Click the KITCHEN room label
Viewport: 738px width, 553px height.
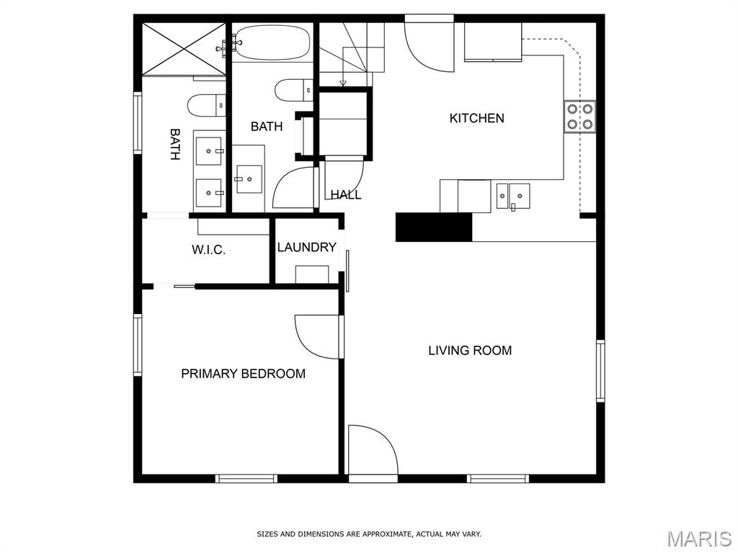click(476, 118)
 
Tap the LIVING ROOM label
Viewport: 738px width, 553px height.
click(470, 351)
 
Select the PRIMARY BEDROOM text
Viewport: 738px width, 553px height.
click(243, 374)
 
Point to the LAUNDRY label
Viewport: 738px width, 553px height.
click(306, 248)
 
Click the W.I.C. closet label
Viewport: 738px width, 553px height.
click(208, 250)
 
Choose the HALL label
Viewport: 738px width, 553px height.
click(346, 194)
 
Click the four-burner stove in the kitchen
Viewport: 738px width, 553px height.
click(579, 117)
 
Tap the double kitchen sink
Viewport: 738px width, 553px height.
click(512, 195)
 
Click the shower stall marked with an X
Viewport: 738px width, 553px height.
click(184, 48)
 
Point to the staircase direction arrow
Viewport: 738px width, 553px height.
click(343, 80)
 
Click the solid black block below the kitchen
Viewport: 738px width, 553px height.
click(433, 227)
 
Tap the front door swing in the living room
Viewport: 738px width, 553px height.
click(371, 451)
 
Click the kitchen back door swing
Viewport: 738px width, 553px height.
click(431, 45)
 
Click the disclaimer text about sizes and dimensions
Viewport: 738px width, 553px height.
click(369, 534)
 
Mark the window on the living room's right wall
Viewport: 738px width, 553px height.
click(600, 370)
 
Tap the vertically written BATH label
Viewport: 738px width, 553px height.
click(175, 144)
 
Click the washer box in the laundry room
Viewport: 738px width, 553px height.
click(312, 274)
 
